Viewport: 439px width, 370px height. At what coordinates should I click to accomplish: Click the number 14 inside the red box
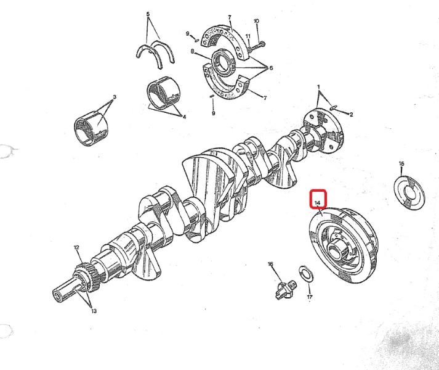pyautogui.click(x=317, y=202)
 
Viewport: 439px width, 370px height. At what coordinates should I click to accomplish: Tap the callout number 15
pyautogui.click(x=401, y=163)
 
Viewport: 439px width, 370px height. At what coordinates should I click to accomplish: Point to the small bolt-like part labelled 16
pyautogui.click(x=286, y=289)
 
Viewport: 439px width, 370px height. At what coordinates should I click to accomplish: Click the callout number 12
pyautogui.click(x=76, y=247)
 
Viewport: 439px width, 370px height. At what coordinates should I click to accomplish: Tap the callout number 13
pyautogui.click(x=94, y=311)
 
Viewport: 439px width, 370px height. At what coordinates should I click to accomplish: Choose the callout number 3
pyautogui.click(x=115, y=97)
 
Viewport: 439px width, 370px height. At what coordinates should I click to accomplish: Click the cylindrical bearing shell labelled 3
pyautogui.click(x=91, y=128)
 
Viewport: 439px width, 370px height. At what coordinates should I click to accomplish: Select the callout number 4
pyautogui.click(x=184, y=117)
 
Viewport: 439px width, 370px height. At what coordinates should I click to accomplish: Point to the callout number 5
pyautogui.click(x=148, y=14)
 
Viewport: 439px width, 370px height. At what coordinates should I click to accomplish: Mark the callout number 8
pyautogui.click(x=192, y=51)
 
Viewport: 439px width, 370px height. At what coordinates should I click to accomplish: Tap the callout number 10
pyautogui.click(x=256, y=21)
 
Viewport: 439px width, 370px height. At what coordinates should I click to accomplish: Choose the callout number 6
pyautogui.click(x=271, y=68)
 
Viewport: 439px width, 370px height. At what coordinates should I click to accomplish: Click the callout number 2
pyautogui.click(x=352, y=115)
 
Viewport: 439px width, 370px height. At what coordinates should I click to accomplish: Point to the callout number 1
pyautogui.click(x=318, y=87)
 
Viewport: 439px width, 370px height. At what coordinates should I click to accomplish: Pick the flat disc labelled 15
pyautogui.click(x=409, y=192)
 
